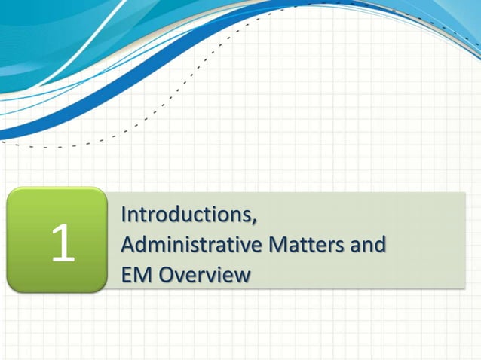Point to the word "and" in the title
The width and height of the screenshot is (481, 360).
[369, 246]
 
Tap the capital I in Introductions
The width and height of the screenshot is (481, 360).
[124, 215]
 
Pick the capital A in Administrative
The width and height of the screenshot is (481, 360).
[128, 246]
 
